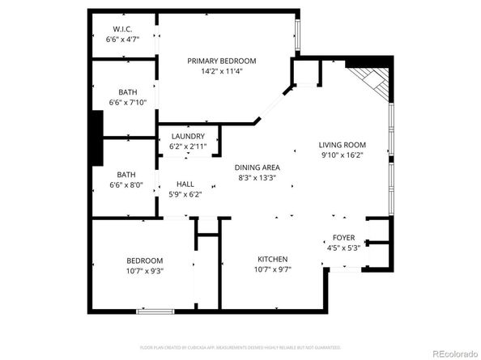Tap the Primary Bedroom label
coord(222,61)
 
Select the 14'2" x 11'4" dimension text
coord(222,71)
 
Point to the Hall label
coord(185,184)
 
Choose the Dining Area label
coord(258,167)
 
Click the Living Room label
coord(342,145)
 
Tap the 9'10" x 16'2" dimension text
coord(342,155)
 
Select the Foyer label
coord(344,238)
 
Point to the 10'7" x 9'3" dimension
coord(145,271)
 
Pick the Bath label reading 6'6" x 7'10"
coord(127,91)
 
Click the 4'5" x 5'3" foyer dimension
coord(344,248)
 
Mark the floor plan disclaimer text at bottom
coord(240,347)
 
